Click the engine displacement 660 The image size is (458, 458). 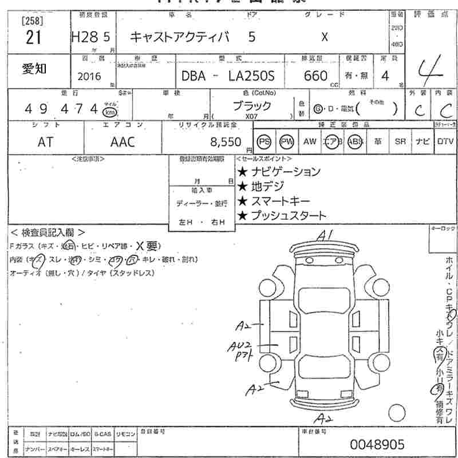pos(316,76)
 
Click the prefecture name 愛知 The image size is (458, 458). pos(35,69)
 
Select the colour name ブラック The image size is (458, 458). pos(252,106)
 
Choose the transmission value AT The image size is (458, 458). pos(45,142)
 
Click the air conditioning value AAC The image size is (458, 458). pos(122,142)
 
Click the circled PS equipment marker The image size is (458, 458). pos(264,141)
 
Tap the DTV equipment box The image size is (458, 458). pos(445,141)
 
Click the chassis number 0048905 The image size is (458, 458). pos(377,444)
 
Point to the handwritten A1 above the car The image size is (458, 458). pos(326,235)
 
